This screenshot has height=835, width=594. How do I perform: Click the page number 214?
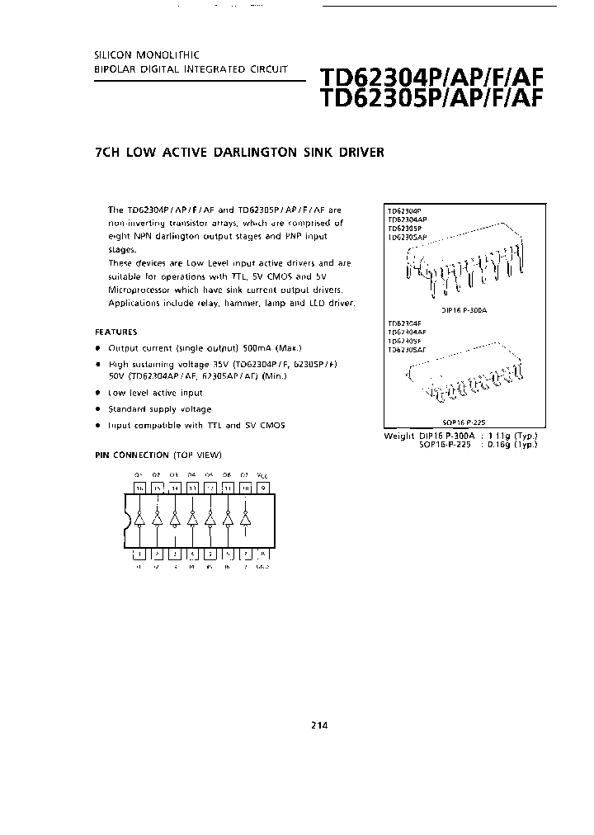click(x=319, y=725)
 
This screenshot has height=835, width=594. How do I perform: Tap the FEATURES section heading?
click(x=118, y=331)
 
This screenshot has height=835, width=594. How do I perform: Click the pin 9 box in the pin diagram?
click(x=262, y=488)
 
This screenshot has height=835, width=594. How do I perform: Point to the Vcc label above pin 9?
click(x=262, y=475)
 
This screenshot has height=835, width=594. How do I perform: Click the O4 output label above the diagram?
click(x=191, y=475)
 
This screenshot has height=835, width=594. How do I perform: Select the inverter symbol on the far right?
click(x=244, y=521)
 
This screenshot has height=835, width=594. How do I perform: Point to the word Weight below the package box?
click(x=399, y=435)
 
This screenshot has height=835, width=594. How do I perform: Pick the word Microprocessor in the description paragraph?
click(x=141, y=290)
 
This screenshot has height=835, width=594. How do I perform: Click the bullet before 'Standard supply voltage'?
click(x=97, y=409)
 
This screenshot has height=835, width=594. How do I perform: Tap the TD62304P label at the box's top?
click(x=403, y=211)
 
